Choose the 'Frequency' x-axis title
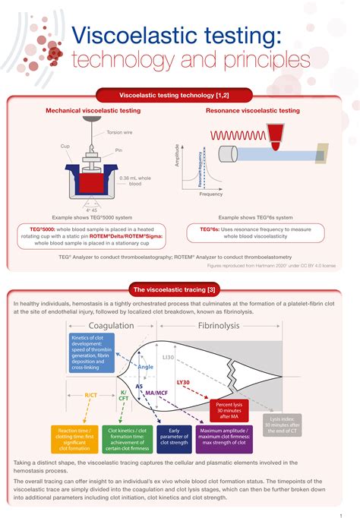point(211,194)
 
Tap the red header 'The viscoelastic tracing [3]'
point(180,290)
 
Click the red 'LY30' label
point(183,383)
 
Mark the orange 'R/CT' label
point(90,396)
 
